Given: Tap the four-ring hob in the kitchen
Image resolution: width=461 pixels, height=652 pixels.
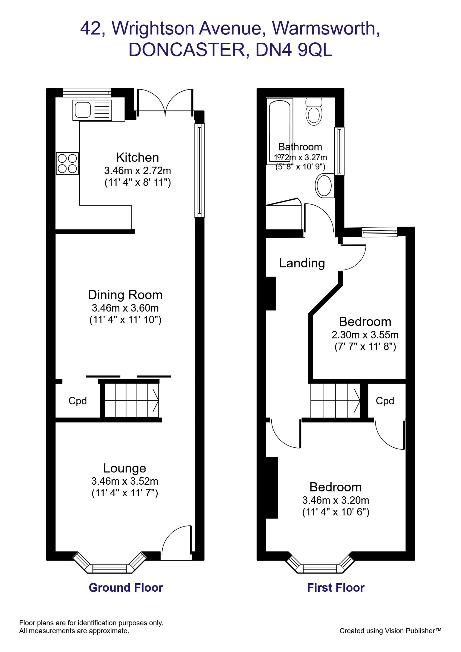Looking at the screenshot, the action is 67,163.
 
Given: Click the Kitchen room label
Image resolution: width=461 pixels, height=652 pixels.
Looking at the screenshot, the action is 138,157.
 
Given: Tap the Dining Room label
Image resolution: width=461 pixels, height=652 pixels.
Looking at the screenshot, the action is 125,295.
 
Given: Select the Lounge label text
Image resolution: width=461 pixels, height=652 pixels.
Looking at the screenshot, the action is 125,468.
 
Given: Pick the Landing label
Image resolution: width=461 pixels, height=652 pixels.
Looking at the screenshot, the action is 302,263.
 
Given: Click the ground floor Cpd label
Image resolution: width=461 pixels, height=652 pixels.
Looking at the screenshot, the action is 77,401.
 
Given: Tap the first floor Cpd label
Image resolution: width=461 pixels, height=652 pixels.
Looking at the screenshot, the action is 385,401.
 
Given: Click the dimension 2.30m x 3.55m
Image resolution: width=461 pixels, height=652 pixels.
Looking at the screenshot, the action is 365,335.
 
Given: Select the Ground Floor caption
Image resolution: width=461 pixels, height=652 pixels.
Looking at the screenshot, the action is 126,588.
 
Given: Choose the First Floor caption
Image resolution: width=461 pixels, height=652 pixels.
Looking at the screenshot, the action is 336,588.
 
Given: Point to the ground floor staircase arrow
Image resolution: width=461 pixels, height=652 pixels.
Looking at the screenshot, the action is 156,400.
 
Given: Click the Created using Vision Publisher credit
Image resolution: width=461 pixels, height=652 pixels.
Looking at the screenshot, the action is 390,631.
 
